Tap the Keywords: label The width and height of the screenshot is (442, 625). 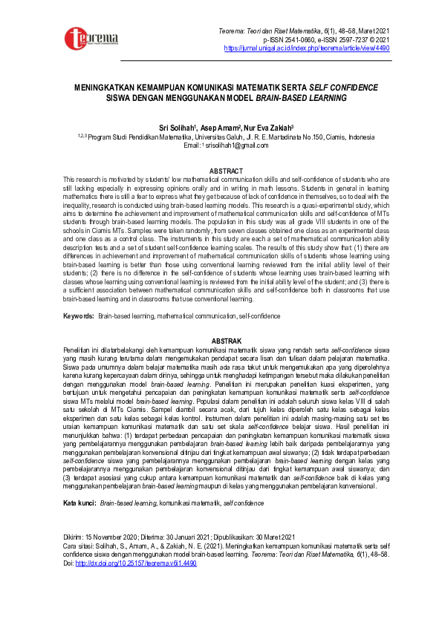click(x=79, y=316)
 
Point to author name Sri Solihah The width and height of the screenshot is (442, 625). click(x=178, y=128)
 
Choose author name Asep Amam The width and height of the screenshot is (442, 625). click(x=219, y=128)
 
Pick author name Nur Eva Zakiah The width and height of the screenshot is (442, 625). click(x=267, y=128)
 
